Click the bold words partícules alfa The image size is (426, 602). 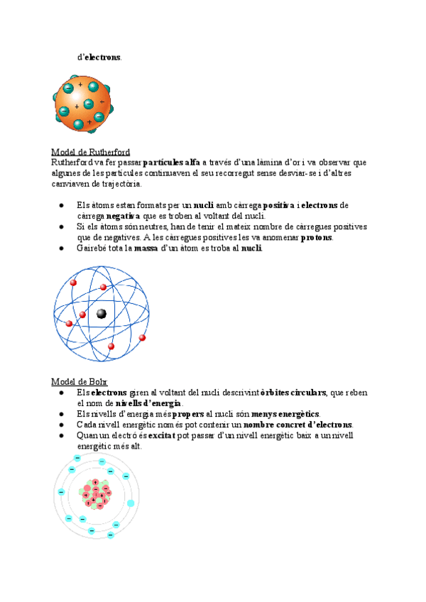[x=171, y=163]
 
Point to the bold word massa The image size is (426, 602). [x=146, y=248]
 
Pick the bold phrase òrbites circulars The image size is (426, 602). [x=293, y=393]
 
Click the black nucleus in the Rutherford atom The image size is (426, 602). [x=102, y=314]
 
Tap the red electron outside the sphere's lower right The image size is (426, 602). [x=143, y=337]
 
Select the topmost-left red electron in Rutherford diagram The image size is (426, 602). [x=73, y=283]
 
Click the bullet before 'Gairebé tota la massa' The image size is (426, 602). [x=62, y=248]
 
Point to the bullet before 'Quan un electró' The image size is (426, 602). [x=62, y=436]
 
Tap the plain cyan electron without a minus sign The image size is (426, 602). [x=131, y=504]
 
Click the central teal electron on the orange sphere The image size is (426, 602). [x=89, y=104]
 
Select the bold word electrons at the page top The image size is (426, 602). [x=102, y=58]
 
